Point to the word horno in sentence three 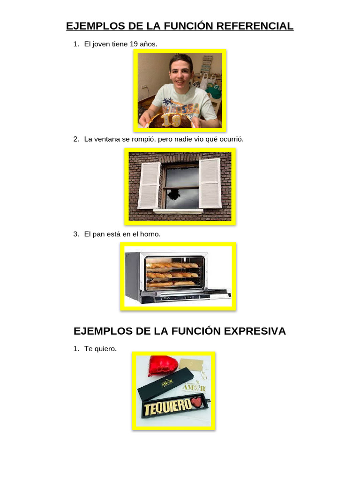pos(150,234)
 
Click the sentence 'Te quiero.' pos(100,349)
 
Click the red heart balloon pos(162,367)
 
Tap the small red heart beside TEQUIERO pos(197,402)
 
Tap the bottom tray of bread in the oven pos(172,283)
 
